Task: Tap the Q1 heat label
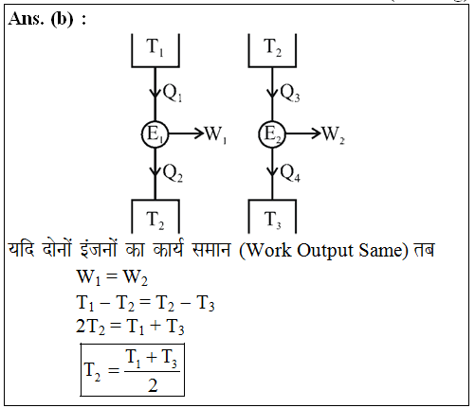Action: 173,93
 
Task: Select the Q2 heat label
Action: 173,173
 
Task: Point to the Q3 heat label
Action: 290,93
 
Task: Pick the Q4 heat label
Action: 290,173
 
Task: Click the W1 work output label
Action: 216,134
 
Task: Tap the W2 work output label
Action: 333,134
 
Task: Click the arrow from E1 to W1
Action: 186,133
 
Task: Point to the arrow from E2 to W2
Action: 303,133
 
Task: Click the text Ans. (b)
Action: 41,19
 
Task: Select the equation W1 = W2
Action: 112,277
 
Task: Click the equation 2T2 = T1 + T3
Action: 130,327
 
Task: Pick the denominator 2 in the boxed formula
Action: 153,385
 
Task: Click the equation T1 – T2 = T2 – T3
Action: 145,303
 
